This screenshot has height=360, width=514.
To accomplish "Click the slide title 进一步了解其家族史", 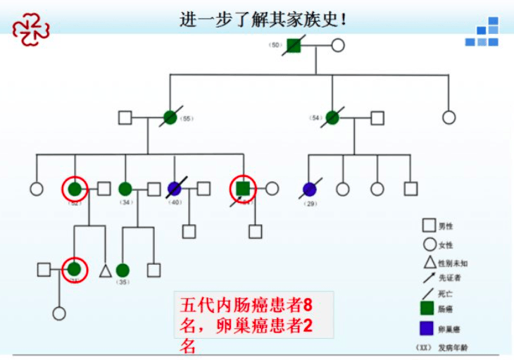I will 263,18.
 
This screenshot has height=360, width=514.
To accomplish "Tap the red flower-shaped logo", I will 31,29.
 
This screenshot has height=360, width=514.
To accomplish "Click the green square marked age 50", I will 294,46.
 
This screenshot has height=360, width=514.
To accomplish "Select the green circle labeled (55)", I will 170,118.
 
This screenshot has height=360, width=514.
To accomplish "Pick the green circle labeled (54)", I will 332,118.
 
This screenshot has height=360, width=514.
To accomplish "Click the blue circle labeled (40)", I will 175,189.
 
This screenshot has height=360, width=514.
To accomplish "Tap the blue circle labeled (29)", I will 310,189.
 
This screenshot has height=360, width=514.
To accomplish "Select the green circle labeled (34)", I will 125,189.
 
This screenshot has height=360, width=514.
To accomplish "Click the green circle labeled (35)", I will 123,270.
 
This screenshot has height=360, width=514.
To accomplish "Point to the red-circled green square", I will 243,189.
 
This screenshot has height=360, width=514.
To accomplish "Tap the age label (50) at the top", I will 275,45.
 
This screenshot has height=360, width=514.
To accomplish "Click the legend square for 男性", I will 427,225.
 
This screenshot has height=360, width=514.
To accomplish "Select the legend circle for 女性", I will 427,244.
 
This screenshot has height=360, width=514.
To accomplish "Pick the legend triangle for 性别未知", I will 427,262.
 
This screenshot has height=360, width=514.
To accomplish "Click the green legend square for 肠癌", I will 427,307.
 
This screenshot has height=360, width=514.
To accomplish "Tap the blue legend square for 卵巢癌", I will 427,328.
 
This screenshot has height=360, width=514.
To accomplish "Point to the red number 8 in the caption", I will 307,306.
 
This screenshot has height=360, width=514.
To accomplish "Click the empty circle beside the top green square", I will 338,46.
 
